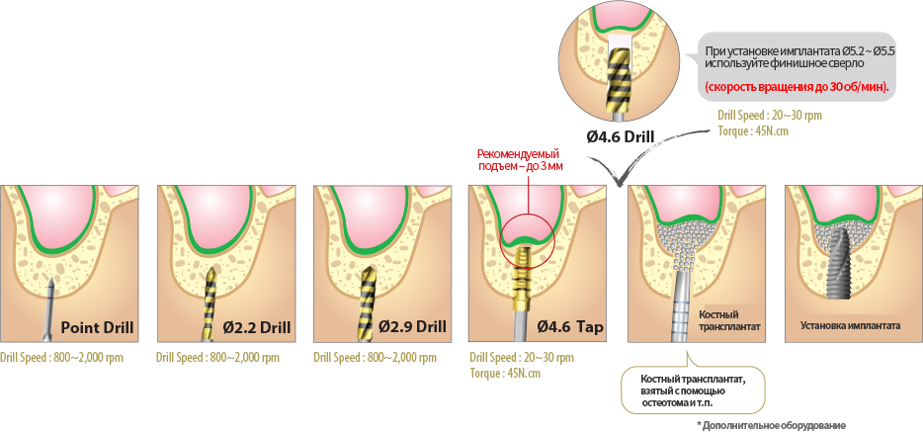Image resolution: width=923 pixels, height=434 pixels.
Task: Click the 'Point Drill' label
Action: pyautogui.click(x=97, y=328)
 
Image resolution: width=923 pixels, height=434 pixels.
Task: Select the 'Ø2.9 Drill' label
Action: pyautogui.click(x=406, y=328)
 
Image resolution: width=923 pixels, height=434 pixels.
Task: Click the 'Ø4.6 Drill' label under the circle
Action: pyautogui.click(x=622, y=137)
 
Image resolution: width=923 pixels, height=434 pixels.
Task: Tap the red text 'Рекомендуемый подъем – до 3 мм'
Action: pyautogui.click(x=518, y=160)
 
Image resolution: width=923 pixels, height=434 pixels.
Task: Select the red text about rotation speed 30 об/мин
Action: pyautogui.click(x=797, y=87)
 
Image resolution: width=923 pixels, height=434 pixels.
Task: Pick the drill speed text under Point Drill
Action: pyautogui.click(x=61, y=357)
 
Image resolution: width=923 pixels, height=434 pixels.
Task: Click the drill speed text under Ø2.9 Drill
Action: pyautogui.click(x=375, y=357)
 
